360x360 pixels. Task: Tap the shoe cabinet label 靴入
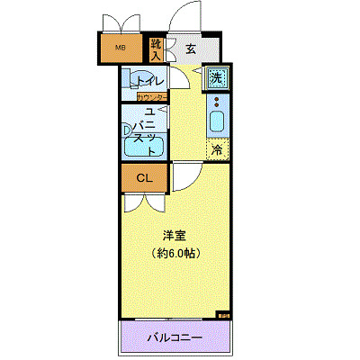[156, 48]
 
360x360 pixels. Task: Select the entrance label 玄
[191, 49]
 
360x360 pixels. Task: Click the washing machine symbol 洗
[216, 78]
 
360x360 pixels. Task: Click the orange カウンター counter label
[151, 97]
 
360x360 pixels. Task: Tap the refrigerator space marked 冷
[217, 150]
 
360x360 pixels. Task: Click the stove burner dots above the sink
[217, 101]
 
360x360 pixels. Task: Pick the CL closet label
[144, 177]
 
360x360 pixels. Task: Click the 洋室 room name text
[174, 236]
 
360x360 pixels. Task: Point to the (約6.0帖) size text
[175, 253]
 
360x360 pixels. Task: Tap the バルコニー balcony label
[175, 338]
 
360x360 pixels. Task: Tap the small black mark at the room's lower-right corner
[223, 316]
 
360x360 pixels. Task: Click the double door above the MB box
[120, 22]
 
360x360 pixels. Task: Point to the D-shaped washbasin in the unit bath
[127, 129]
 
